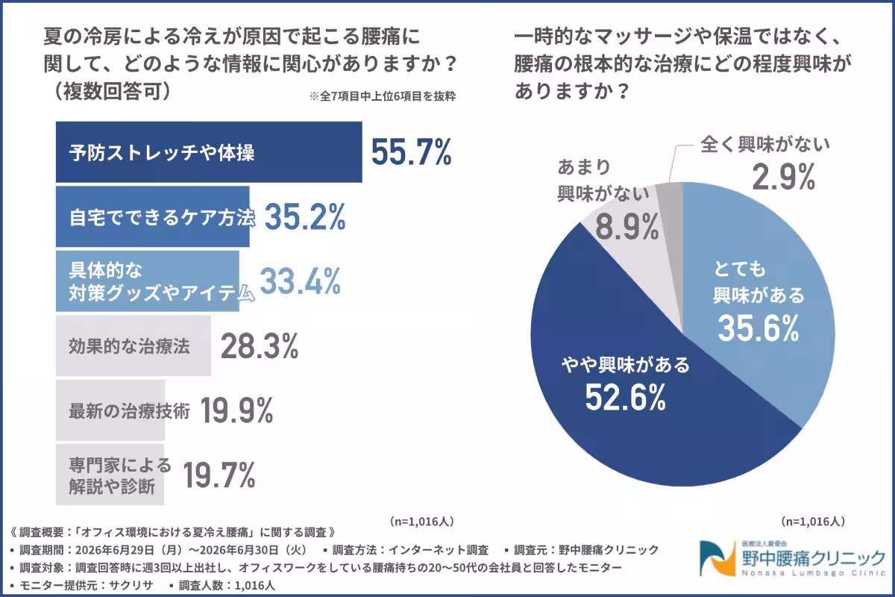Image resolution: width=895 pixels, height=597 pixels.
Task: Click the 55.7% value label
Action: pos(412,152)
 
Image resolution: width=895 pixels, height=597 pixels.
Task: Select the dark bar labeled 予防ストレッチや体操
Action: pos(209,152)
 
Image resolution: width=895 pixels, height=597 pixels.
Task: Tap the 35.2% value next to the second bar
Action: pos(305,216)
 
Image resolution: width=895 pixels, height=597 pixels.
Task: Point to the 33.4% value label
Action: pos(300,281)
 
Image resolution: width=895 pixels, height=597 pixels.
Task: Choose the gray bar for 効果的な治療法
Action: pos(134,346)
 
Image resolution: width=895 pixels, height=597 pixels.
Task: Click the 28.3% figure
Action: pos(260,346)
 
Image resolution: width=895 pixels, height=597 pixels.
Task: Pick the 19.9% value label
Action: pos(236,410)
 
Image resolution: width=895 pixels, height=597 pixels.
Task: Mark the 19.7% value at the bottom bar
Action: pos(219,475)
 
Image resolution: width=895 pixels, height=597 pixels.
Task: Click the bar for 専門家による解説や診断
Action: pos(110,474)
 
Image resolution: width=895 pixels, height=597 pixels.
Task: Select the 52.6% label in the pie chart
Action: pos(626,397)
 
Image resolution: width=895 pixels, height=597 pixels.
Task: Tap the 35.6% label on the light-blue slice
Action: pos(759,328)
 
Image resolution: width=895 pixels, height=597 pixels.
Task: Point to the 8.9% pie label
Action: pos(627,227)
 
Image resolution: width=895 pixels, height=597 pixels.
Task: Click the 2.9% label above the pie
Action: pos(784,177)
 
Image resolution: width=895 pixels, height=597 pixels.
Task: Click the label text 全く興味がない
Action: pos(765,144)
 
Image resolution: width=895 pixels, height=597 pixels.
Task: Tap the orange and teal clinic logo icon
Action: pos(717,558)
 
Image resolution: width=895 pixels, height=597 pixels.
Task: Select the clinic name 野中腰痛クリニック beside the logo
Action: pos(814,557)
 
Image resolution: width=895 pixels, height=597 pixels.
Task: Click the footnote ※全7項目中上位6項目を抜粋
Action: pos(383,96)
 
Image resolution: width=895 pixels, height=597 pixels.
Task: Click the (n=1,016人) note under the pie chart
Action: pos(813,521)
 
